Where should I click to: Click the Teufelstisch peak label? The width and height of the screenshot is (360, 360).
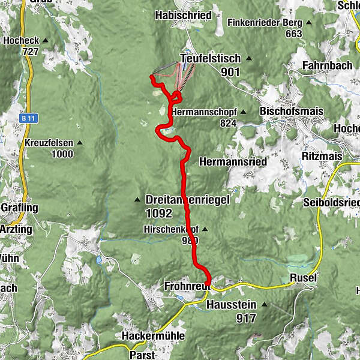coord(210,59)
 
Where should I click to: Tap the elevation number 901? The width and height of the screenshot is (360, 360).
coord(230,72)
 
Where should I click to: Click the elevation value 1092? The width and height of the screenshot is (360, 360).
coord(158,213)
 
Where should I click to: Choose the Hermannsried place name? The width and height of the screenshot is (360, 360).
coord(232,162)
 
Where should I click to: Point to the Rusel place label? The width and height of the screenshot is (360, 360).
coord(302,278)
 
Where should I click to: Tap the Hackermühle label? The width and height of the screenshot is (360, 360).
coord(153,335)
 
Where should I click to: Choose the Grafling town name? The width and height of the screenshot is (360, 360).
coord(19,208)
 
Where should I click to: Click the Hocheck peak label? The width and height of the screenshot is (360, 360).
coord(21,41)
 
